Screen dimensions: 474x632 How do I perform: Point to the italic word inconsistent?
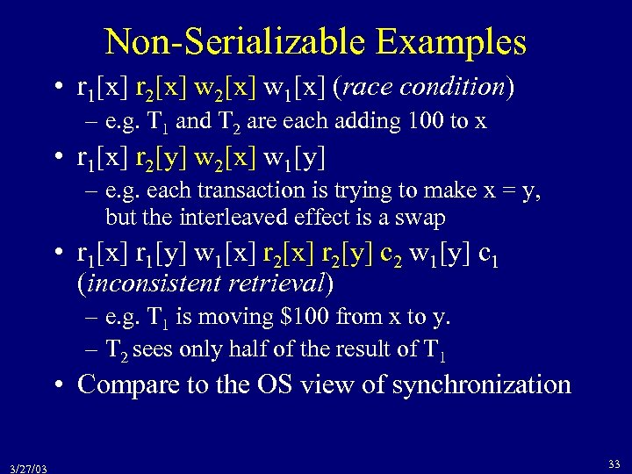(x=152, y=283)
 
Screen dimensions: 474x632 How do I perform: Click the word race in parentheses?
(x=370, y=87)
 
